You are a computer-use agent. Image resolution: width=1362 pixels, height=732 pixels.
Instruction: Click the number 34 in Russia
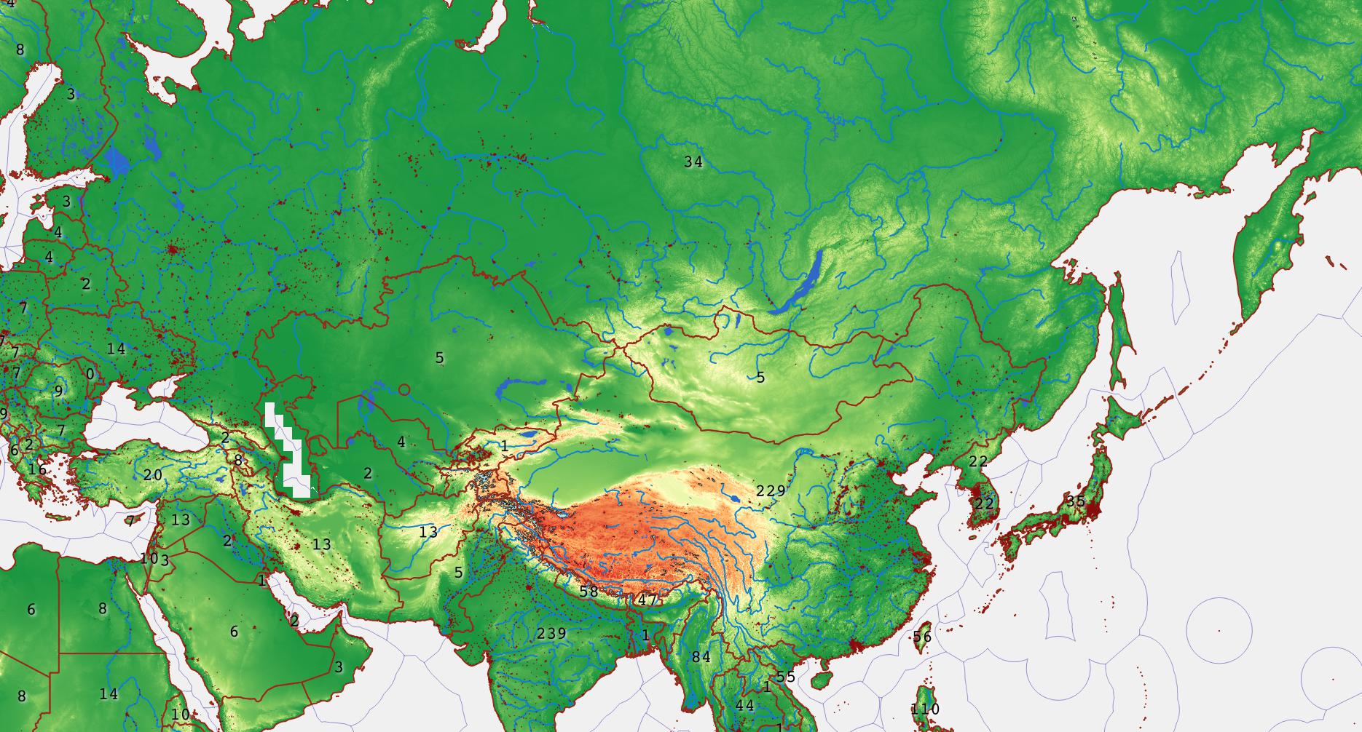[693, 162]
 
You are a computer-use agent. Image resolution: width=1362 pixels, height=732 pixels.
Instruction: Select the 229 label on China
[771, 490]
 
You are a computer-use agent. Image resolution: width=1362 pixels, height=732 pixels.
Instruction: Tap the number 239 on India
[551, 632]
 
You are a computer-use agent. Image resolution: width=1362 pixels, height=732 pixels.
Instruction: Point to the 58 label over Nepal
[589, 591]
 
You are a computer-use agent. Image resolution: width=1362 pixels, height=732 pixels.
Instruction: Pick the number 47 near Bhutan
[647, 600]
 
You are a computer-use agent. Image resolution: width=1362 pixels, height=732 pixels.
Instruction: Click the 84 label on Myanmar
[701, 656]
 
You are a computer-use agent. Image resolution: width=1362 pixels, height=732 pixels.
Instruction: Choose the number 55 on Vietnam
[786, 676]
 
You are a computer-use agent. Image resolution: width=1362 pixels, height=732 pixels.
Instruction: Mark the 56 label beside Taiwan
[922, 637]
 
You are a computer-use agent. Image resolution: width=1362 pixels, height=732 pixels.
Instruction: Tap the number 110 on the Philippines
[925, 709]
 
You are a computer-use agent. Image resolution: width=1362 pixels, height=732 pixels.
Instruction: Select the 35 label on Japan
[1075, 501]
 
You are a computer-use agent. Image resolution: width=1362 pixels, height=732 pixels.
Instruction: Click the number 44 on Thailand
[744, 705]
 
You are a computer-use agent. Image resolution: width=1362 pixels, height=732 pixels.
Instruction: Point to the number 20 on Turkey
[153, 474]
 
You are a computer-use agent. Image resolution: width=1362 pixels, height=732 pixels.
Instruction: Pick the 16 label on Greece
[38, 469]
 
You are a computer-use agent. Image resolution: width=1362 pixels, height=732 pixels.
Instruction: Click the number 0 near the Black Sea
[90, 373]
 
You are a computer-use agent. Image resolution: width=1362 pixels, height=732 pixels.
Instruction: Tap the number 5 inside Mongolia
[760, 377]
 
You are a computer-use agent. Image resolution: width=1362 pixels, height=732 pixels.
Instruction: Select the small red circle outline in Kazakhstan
[404, 390]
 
